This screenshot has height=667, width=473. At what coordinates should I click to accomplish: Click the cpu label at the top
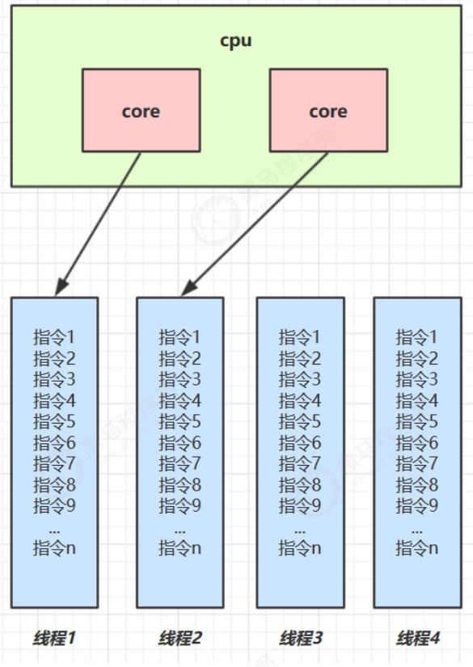tap(236, 41)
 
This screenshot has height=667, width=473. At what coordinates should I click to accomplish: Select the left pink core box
tap(141, 111)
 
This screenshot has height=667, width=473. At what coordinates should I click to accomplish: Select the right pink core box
tap(327, 111)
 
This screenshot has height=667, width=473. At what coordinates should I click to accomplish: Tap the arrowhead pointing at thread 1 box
tap(59, 289)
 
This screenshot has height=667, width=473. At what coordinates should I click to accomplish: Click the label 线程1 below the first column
tap(54, 639)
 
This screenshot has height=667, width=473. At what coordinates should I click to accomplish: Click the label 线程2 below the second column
tap(180, 639)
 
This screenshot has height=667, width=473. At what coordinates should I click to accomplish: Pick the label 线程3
tap(300, 639)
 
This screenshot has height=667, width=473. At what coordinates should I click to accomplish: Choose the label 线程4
tap(418, 639)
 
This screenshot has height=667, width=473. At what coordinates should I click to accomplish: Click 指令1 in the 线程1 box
tap(54, 336)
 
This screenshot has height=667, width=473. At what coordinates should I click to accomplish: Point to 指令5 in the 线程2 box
tap(179, 421)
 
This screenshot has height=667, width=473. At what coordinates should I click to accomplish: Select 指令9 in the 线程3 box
tap(300, 506)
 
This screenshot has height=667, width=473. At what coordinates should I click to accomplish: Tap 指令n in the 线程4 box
tap(417, 548)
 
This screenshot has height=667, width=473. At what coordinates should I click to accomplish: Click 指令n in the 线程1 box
tap(54, 548)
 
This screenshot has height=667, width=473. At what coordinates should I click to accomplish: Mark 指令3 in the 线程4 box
tap(417, 379)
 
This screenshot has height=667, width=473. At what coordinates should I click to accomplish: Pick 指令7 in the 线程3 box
tap(300, 463)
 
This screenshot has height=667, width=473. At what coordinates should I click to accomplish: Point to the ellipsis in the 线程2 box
tap(179, 528)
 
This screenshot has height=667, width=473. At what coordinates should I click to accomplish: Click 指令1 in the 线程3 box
tap(300, 336)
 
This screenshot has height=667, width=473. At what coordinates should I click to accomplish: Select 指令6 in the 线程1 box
tap(54, 442)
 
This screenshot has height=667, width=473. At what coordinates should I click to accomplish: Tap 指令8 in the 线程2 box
tap(179, 485)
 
